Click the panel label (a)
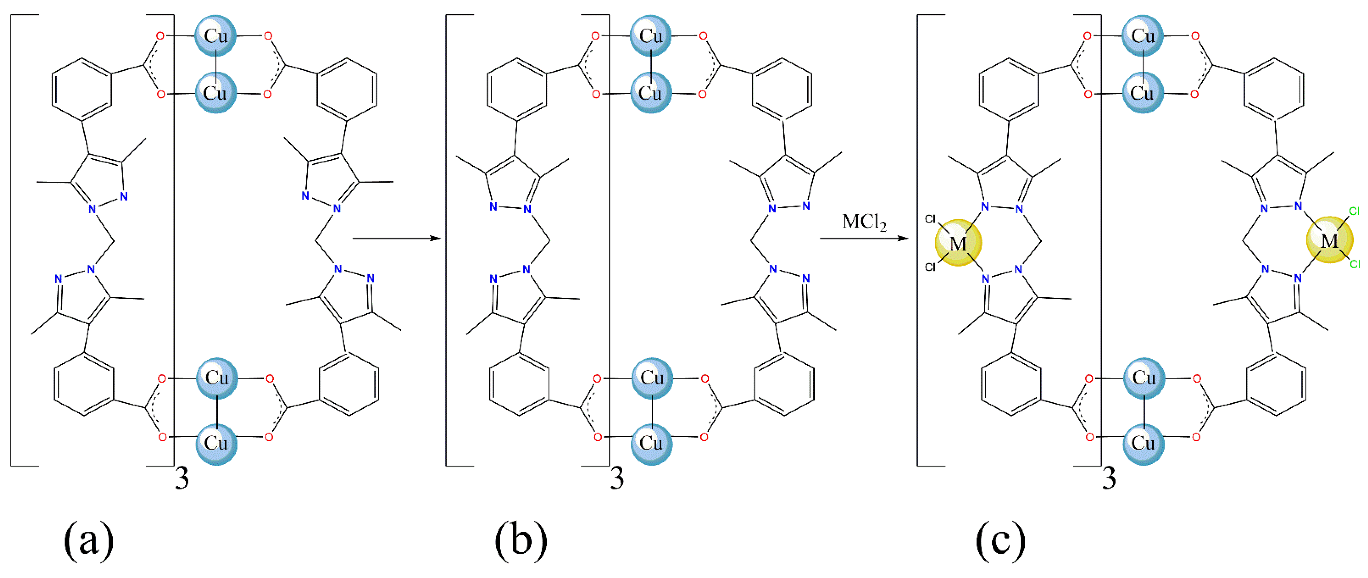coord(88,541)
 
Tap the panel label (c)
coord(1000,541)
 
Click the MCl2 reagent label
coord(864,222)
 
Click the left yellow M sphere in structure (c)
coord(958,243)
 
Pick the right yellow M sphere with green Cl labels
coord(1329,240)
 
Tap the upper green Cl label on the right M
coord(1354,211)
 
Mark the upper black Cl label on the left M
coord(930,219)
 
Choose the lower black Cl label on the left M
coord(930,267)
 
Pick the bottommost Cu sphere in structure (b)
coord(651,443)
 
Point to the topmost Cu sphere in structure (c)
coord(1142,35)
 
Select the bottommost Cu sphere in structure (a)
coord(216,443)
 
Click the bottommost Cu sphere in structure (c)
coord(1143,443)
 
